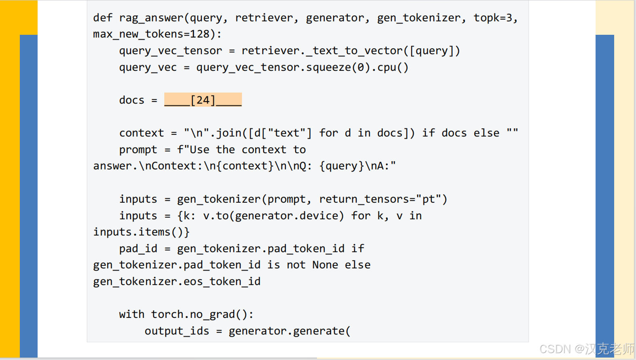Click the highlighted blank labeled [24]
(203, 100)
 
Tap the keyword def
(103, 18)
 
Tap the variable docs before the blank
(131, 100)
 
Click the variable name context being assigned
(142, 133)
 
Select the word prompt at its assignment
(138, 150)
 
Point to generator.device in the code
(289, 216)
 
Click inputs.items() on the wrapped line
(141, 232)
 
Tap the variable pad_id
(138, 249)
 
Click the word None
(325, 265)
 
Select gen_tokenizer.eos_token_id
(177, 282)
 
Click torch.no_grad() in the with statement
(202, 314)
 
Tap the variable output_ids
(177, 331)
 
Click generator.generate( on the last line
(289, 331)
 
